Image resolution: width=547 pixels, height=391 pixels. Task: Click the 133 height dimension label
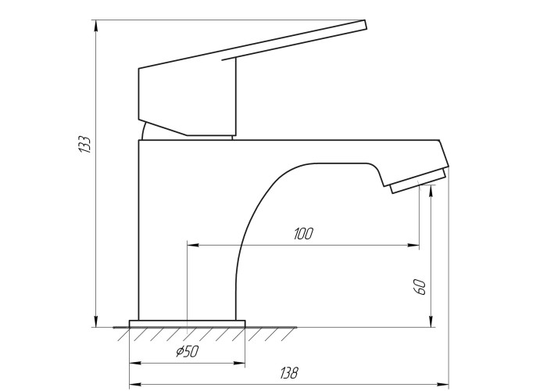tap(84, 144)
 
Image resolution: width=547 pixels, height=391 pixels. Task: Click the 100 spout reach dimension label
tap(303, 234)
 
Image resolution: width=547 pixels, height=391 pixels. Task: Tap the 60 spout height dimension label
tap(420, 287)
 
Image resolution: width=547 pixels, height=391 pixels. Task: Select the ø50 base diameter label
tap(188, 352)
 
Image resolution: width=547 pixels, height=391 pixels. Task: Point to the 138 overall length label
tap(289, 373)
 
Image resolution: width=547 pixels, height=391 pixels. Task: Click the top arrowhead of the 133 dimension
tap(95, 26)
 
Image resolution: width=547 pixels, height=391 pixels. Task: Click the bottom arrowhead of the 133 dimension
tap(95, 321)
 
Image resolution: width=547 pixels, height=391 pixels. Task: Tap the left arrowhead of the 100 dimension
tap(193, 245)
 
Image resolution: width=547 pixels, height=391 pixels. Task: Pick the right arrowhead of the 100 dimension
tap(413, 245)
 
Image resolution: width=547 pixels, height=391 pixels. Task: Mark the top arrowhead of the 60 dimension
tap(431, 190)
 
